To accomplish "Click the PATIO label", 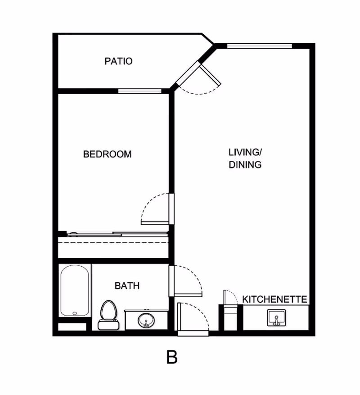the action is point(118,61).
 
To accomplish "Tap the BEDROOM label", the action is point(107,154).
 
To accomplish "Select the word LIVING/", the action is point(245,152).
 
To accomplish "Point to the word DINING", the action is point(245,165).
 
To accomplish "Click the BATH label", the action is point(127,286).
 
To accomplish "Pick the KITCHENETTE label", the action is point(274,299).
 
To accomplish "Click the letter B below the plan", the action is point(172,357).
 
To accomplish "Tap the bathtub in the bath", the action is point(75,291).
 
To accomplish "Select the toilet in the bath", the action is point(108,315).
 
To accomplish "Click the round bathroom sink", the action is point(146,320).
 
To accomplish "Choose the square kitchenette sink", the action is point(276,318).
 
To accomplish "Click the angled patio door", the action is point(211,75).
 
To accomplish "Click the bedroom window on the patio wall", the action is point(139,91).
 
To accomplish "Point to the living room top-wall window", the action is point(260,46).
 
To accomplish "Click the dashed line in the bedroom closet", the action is point(113,242).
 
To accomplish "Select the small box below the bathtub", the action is point(72,327).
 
